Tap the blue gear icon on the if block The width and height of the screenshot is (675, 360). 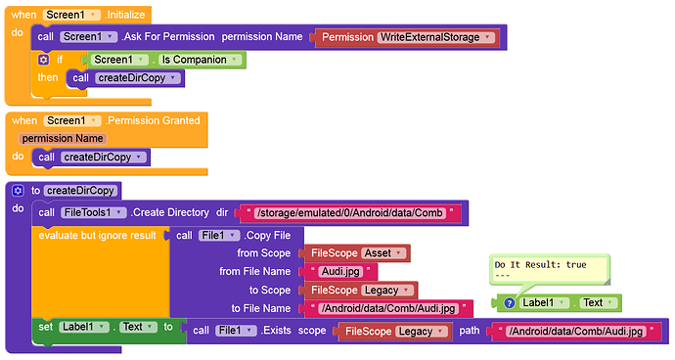(x=43, y=60)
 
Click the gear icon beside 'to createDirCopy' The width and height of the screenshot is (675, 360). (x=18, y=191)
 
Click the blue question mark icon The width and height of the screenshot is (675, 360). (x=510, y=303)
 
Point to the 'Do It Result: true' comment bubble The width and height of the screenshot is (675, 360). (x=550, y=270)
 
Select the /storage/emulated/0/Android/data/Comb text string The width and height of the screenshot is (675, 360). (x=349, y=213)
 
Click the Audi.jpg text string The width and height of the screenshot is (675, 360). (x=340, y=272)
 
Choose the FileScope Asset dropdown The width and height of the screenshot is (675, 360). (x=383, y=253)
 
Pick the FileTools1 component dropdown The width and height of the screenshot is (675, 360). (x=93, y=212)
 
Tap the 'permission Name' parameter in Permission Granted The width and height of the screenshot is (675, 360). (x=63, y=139)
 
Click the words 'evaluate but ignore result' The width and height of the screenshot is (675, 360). (x=97, y=236)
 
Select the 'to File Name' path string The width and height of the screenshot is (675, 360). (x=388, y=309)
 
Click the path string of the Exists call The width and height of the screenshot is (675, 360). (x=576, y=332)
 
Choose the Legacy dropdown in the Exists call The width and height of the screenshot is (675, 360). (x=422, y=332)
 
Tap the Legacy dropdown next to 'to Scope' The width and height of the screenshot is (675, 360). (x=387, y=291)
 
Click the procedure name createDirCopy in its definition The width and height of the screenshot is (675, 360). (x=80, y=191)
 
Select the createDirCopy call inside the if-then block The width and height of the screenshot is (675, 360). (x=125, y=78)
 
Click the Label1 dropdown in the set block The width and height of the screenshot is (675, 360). (x=83, y=328)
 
